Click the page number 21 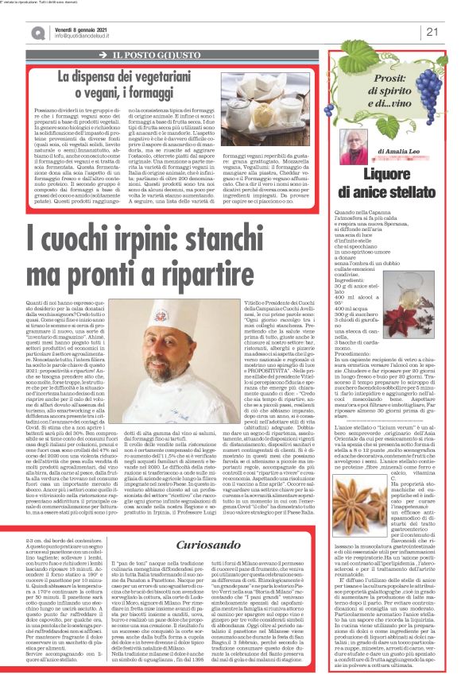click(x=432, y=32)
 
